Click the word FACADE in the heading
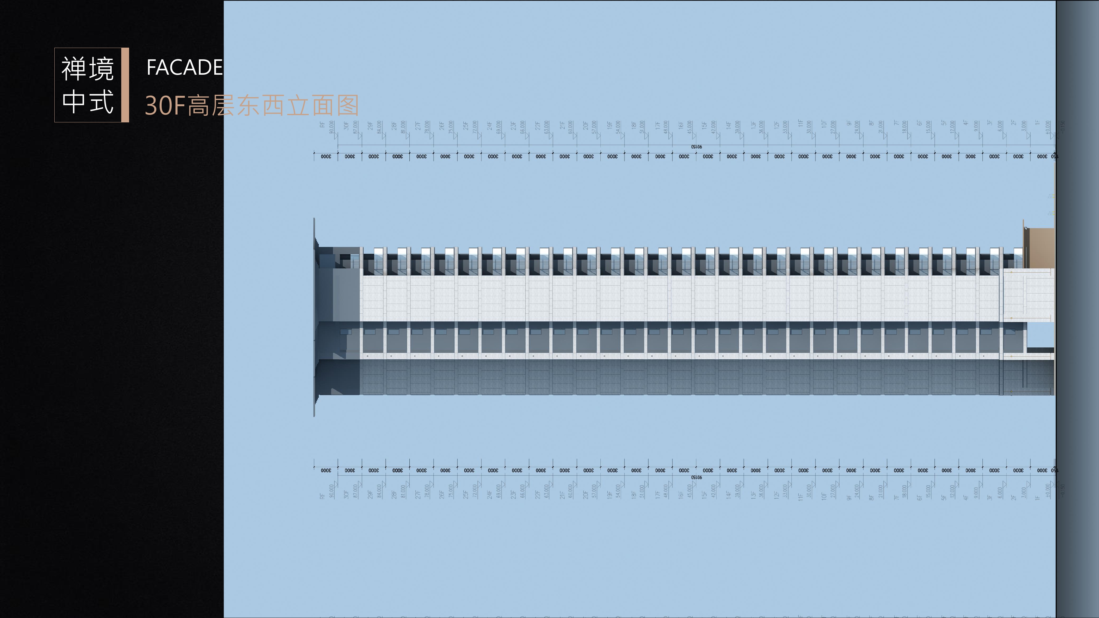coord(184,67)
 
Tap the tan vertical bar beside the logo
coord(125,85)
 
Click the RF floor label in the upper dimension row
coord(322,125)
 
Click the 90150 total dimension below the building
coord(696,477)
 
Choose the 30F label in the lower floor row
coord(346,495)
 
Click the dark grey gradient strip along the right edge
coord(1077,309)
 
